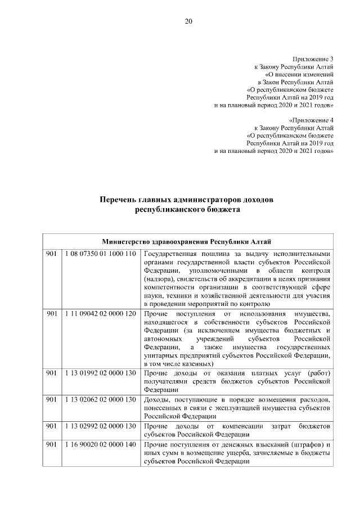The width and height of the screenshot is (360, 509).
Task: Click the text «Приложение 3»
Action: click(x=313, y=59)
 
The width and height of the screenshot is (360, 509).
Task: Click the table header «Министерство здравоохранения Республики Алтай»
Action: click(x=187, y=242)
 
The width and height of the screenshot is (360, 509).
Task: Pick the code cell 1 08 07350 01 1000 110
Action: click(x=100, y=254)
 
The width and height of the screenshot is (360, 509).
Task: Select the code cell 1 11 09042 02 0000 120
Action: click(x=100, y=313)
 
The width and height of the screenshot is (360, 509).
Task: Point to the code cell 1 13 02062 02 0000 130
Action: click(x=100, y=399)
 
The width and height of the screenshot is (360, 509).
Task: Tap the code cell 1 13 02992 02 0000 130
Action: click(x=100, y=426)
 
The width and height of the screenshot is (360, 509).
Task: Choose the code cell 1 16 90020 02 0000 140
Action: click(x=100, y=445)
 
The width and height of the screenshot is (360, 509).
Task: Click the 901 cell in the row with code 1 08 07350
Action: click(x=51, y=254)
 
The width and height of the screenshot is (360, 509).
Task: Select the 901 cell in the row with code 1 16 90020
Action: click(x=51, y=445)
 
